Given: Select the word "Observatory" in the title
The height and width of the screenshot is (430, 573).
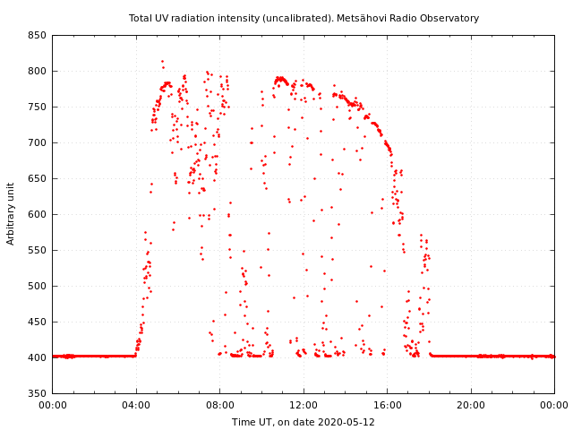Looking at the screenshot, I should coord(449,18).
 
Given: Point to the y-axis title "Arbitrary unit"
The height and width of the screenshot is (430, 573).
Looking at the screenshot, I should coord(11,214).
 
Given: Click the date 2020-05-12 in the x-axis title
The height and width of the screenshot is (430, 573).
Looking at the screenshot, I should coord(346,422).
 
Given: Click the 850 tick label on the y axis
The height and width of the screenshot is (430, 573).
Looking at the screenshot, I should coord(37,35).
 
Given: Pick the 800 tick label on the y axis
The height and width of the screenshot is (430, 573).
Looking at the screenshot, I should coord(37,71).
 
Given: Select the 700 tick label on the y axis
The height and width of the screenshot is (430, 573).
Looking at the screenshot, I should coord(37,142).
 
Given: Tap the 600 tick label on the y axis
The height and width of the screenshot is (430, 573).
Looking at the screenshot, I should coord(37,214).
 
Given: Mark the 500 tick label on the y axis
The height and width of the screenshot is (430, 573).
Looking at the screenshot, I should coord(37,286).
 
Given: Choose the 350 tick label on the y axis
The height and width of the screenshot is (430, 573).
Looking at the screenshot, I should coord(37,393).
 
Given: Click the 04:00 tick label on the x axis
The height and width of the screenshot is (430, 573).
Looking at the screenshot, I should coord(136,405).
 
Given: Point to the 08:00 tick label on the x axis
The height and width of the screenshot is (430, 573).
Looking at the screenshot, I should coord(219,405).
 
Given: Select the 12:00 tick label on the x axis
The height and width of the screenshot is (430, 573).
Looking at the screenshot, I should coord(304,405).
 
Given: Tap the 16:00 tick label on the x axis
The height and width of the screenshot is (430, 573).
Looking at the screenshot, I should coord(387,405).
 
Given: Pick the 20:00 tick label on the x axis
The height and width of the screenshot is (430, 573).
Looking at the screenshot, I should coord(471,405).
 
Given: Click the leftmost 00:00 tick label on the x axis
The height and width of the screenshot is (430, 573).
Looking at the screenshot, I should coord(52,405).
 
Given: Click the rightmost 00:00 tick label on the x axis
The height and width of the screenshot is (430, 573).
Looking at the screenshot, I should coord(554,405).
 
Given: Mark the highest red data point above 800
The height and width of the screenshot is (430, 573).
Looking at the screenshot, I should coord(162,61).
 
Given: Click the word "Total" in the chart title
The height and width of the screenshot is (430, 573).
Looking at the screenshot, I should coord(141,18).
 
